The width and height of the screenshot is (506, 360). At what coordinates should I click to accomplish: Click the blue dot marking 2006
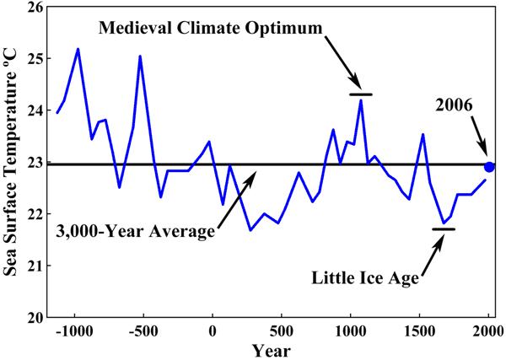coord(489,167)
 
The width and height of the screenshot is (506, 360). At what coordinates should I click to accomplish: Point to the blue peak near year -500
coord(140,56)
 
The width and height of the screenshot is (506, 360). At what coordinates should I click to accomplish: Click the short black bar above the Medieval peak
coord(360,94)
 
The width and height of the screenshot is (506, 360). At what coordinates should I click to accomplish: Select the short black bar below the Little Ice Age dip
coord(444,228)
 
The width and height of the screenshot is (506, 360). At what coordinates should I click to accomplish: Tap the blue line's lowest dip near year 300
coord(250,229)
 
